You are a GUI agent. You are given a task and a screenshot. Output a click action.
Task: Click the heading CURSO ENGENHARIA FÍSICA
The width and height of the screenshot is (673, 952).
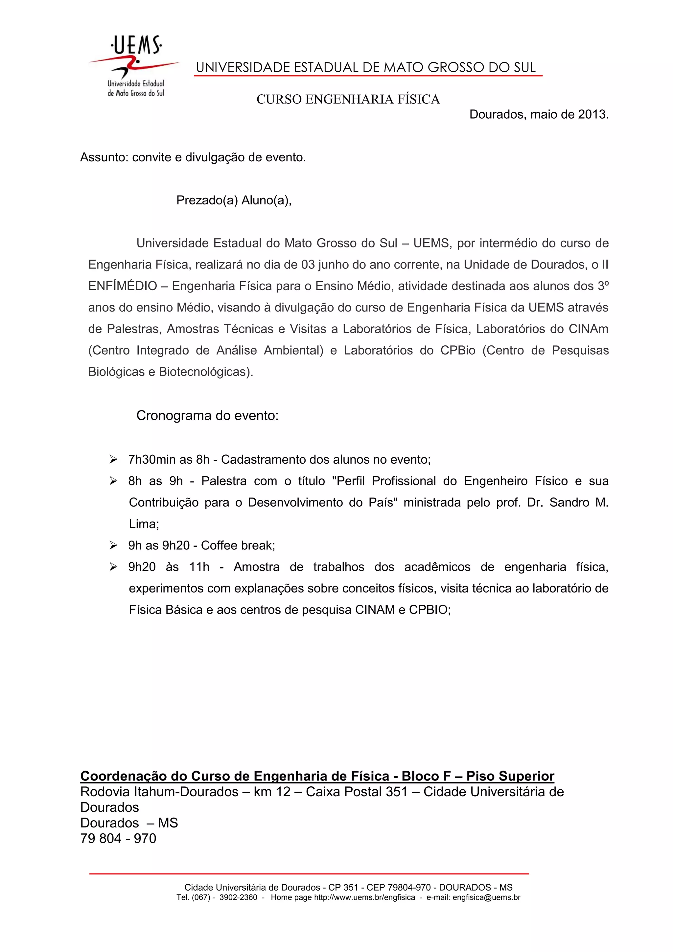348,100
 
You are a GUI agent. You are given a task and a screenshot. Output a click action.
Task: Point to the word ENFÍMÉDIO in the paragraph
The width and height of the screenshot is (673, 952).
123,286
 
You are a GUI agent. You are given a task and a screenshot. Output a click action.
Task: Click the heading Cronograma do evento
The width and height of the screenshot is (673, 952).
207,415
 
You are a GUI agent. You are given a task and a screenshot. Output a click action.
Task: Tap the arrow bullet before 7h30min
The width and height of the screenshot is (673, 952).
113,459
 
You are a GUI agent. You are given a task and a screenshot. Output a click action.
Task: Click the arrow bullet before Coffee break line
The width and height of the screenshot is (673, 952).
113,545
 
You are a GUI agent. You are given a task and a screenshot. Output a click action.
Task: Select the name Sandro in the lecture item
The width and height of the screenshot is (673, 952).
569,502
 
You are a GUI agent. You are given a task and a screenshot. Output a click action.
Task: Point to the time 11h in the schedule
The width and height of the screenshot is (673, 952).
199,567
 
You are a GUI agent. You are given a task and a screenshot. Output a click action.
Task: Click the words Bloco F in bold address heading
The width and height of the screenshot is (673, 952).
426,776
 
